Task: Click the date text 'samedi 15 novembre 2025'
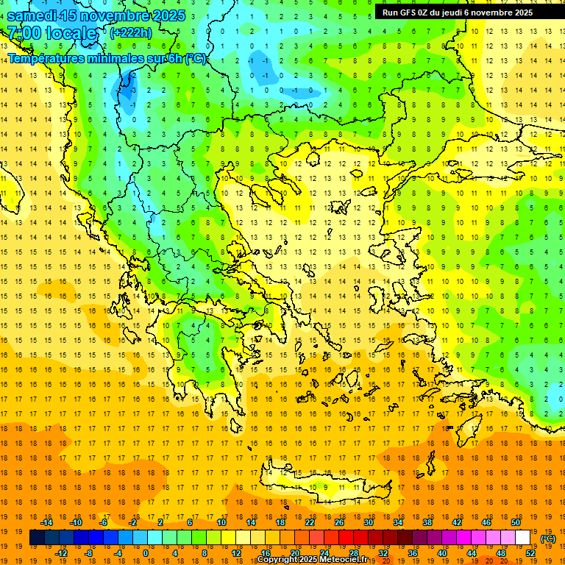point(96,15)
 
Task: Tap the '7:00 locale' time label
point(51,33)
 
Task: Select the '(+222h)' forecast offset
point(131,32)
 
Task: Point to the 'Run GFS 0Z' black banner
point(463,12)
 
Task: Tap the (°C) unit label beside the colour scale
point(548,539)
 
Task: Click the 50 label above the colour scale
point(515,522)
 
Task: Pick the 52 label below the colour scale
point(530,553)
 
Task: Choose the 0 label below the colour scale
point(146,553)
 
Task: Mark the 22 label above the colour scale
point(310,522)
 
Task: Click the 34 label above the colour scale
point(397,522)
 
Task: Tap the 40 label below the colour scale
point(442,553)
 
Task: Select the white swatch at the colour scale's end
point(522,538)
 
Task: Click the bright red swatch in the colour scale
point(346,538)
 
